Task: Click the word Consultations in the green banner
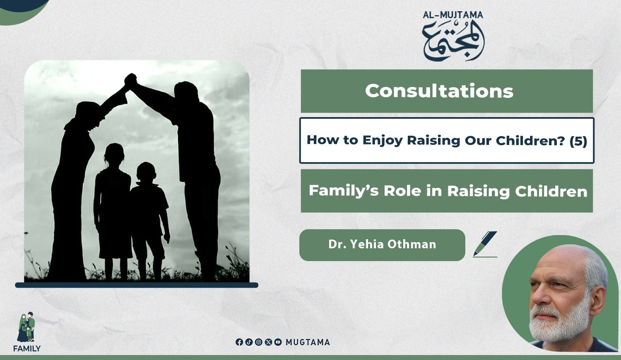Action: pyautogui.click(x=439, y=91)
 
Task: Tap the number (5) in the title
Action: pyautogui.click(x=578, y=141)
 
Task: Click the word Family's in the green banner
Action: pyautogui.click(x=344, y=191)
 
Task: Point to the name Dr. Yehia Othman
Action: pyautogui.click(x=382, y=245)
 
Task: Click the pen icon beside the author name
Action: pyautogui.click(x=485, y=244)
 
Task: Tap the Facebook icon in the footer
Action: pyautogui.click(x=239, y=342)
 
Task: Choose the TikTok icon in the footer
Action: pyautogui.click(x=249, y=342)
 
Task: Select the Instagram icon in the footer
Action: pyautogui.click(x=259, y=342)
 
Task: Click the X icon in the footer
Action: pyautogui.click(x=268, y=342)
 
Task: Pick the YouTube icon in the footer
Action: pyautogui.click(x=278, y=342)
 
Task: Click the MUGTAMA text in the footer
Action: pyautogui.click(x=308, y=342)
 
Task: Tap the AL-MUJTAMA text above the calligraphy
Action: pyautogui.click(x=453, y=15)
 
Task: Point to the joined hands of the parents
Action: pyautogui.click(x=130, y=80)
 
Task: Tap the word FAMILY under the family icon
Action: pyautogui.click(x=27, y=349)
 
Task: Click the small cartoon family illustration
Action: pyautogui.click(x=26, y=327)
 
